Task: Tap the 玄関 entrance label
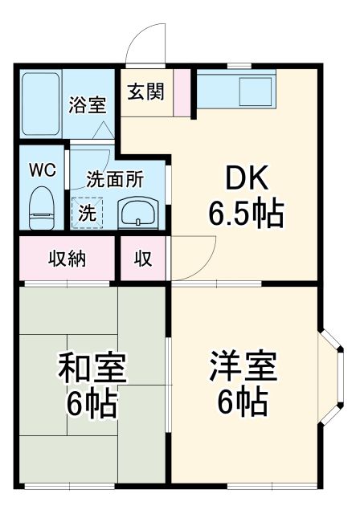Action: (x=145, y=91)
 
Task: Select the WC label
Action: (x=42, y=170)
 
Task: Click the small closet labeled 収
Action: (x=143, y=259)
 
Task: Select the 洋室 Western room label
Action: (x=242, y=369)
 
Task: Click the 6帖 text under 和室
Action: (x=92, y=404)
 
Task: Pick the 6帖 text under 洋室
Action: (x=242, y=404)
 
